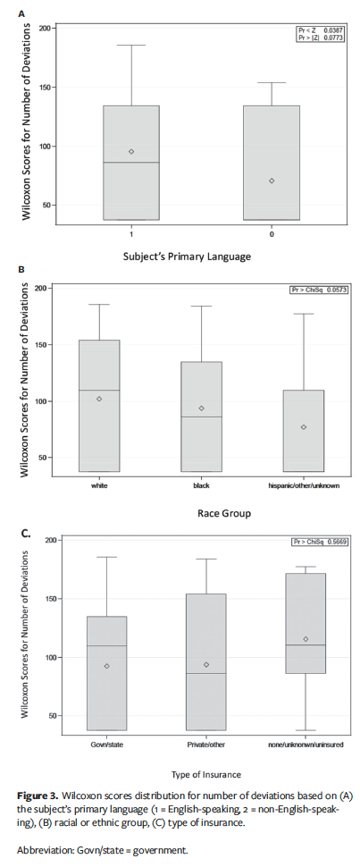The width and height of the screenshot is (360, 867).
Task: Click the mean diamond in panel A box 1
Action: click(x=131, y=151)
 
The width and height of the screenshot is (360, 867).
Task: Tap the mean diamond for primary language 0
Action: click(x=272, y=181)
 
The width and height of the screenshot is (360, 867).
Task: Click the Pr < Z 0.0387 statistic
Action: click(x=320, y=30)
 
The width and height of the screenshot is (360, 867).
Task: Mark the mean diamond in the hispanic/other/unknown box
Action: click(x=304, y=427)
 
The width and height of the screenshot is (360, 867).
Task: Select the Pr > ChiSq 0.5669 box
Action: click(x=319, y=543)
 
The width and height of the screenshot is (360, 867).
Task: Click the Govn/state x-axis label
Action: click(x=106, y=744)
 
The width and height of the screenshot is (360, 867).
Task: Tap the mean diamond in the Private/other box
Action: click(x=205, y=664)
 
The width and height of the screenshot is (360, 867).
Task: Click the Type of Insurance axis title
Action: click(x=205, y=775)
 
